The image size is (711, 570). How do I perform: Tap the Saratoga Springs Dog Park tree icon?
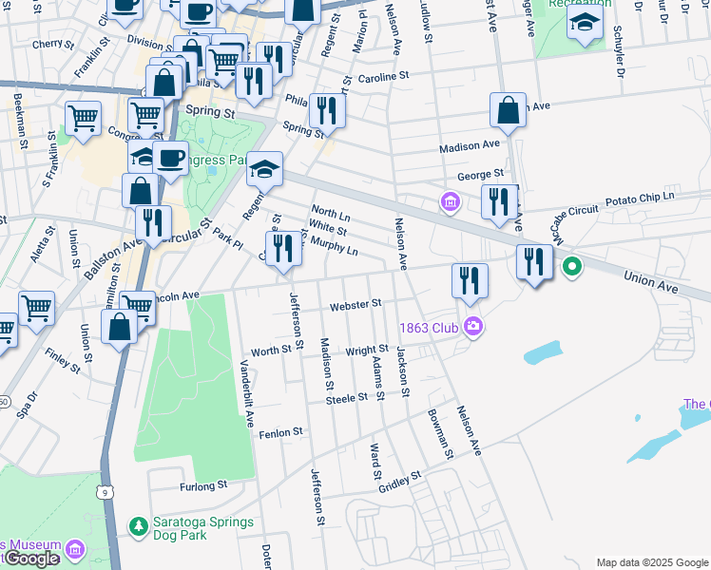[138, 524]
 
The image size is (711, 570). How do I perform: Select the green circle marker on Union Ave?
[571, 267]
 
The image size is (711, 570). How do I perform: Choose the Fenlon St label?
[280, 432]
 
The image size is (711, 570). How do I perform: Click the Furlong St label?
[203, 485]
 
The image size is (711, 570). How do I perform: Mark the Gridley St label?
[399, 480]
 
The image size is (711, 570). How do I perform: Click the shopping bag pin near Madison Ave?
[509, 109]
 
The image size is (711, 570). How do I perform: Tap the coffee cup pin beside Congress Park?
[170, 158]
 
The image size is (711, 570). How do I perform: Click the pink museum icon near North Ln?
[450, 201]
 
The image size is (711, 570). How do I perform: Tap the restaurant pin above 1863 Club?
[470, 279]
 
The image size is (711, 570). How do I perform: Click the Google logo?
[30, 560]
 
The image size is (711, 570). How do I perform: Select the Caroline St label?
[384, 75]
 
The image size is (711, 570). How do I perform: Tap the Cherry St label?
[52, 45]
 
